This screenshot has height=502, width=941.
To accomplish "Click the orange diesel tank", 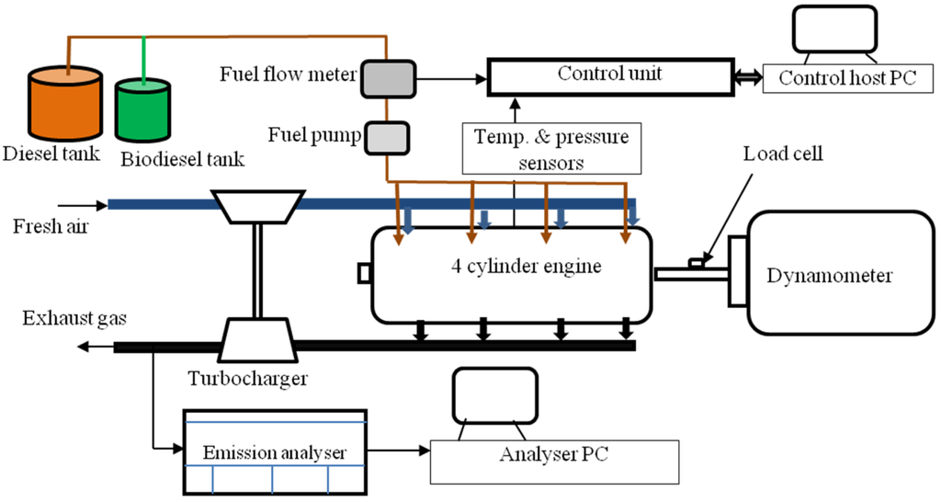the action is tap(65, 103).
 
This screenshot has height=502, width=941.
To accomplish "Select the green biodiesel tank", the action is tap(142, 110).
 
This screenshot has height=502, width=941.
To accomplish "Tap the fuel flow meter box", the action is tap(389, 79).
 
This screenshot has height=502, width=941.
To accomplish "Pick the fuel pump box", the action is tap(387, 138).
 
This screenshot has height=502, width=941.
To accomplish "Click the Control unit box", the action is tap(610, 76).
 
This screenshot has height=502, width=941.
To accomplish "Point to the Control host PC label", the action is tap(848, 79).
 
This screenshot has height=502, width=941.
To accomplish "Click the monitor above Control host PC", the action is tap(834, 29).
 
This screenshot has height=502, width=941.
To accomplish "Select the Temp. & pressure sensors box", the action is tap(551, 149).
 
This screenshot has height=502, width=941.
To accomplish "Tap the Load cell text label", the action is tap(783, 154).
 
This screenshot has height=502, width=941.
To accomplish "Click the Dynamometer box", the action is tap(841, 273).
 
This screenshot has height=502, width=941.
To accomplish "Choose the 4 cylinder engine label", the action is tap(527, 266).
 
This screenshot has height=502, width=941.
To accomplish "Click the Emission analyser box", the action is tap(274, 452).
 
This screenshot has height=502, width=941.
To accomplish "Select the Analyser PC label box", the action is tap(554, 462).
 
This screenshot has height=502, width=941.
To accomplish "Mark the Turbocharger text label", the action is tap(248, 379).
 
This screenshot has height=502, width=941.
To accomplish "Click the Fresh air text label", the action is tap(51, 226).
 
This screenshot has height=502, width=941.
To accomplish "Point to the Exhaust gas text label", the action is tap(74, 317).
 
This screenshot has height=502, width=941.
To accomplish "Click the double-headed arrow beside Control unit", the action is tap(748, 77).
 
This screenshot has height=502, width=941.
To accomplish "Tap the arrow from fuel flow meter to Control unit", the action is tap(451, 79).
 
